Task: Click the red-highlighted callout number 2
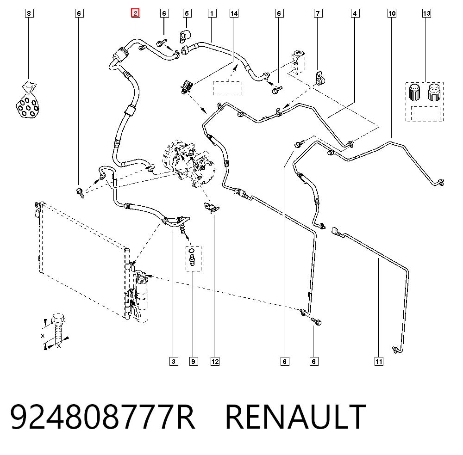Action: [x=135, y=13]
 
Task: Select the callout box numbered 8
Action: [x=29, y=13]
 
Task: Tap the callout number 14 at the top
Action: [x=234, y=13]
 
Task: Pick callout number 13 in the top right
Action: [x=426, y=13]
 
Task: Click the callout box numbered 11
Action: [x=379, y=361]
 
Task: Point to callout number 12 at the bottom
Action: [x=215, y=361]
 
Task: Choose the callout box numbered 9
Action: [x=194, y=361]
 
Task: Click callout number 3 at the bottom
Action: [x=174, y=361]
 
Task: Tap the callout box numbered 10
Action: [x=392, y=13]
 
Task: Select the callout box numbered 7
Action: [x=318, y=13]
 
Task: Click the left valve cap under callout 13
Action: [x=414, y=92]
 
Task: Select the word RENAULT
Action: [x=295, y=417]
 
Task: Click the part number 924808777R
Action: [x=103, y=417]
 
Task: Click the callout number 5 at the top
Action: [x=187, y=13]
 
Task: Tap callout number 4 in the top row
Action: [x=355, y=13]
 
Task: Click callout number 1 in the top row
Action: [x=212, y=13]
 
